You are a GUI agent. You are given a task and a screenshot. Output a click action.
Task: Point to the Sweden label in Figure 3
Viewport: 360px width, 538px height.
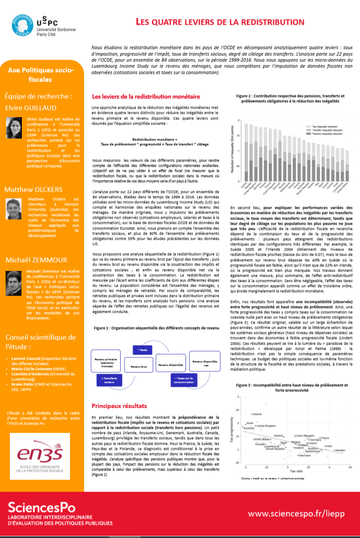[340, 450]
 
